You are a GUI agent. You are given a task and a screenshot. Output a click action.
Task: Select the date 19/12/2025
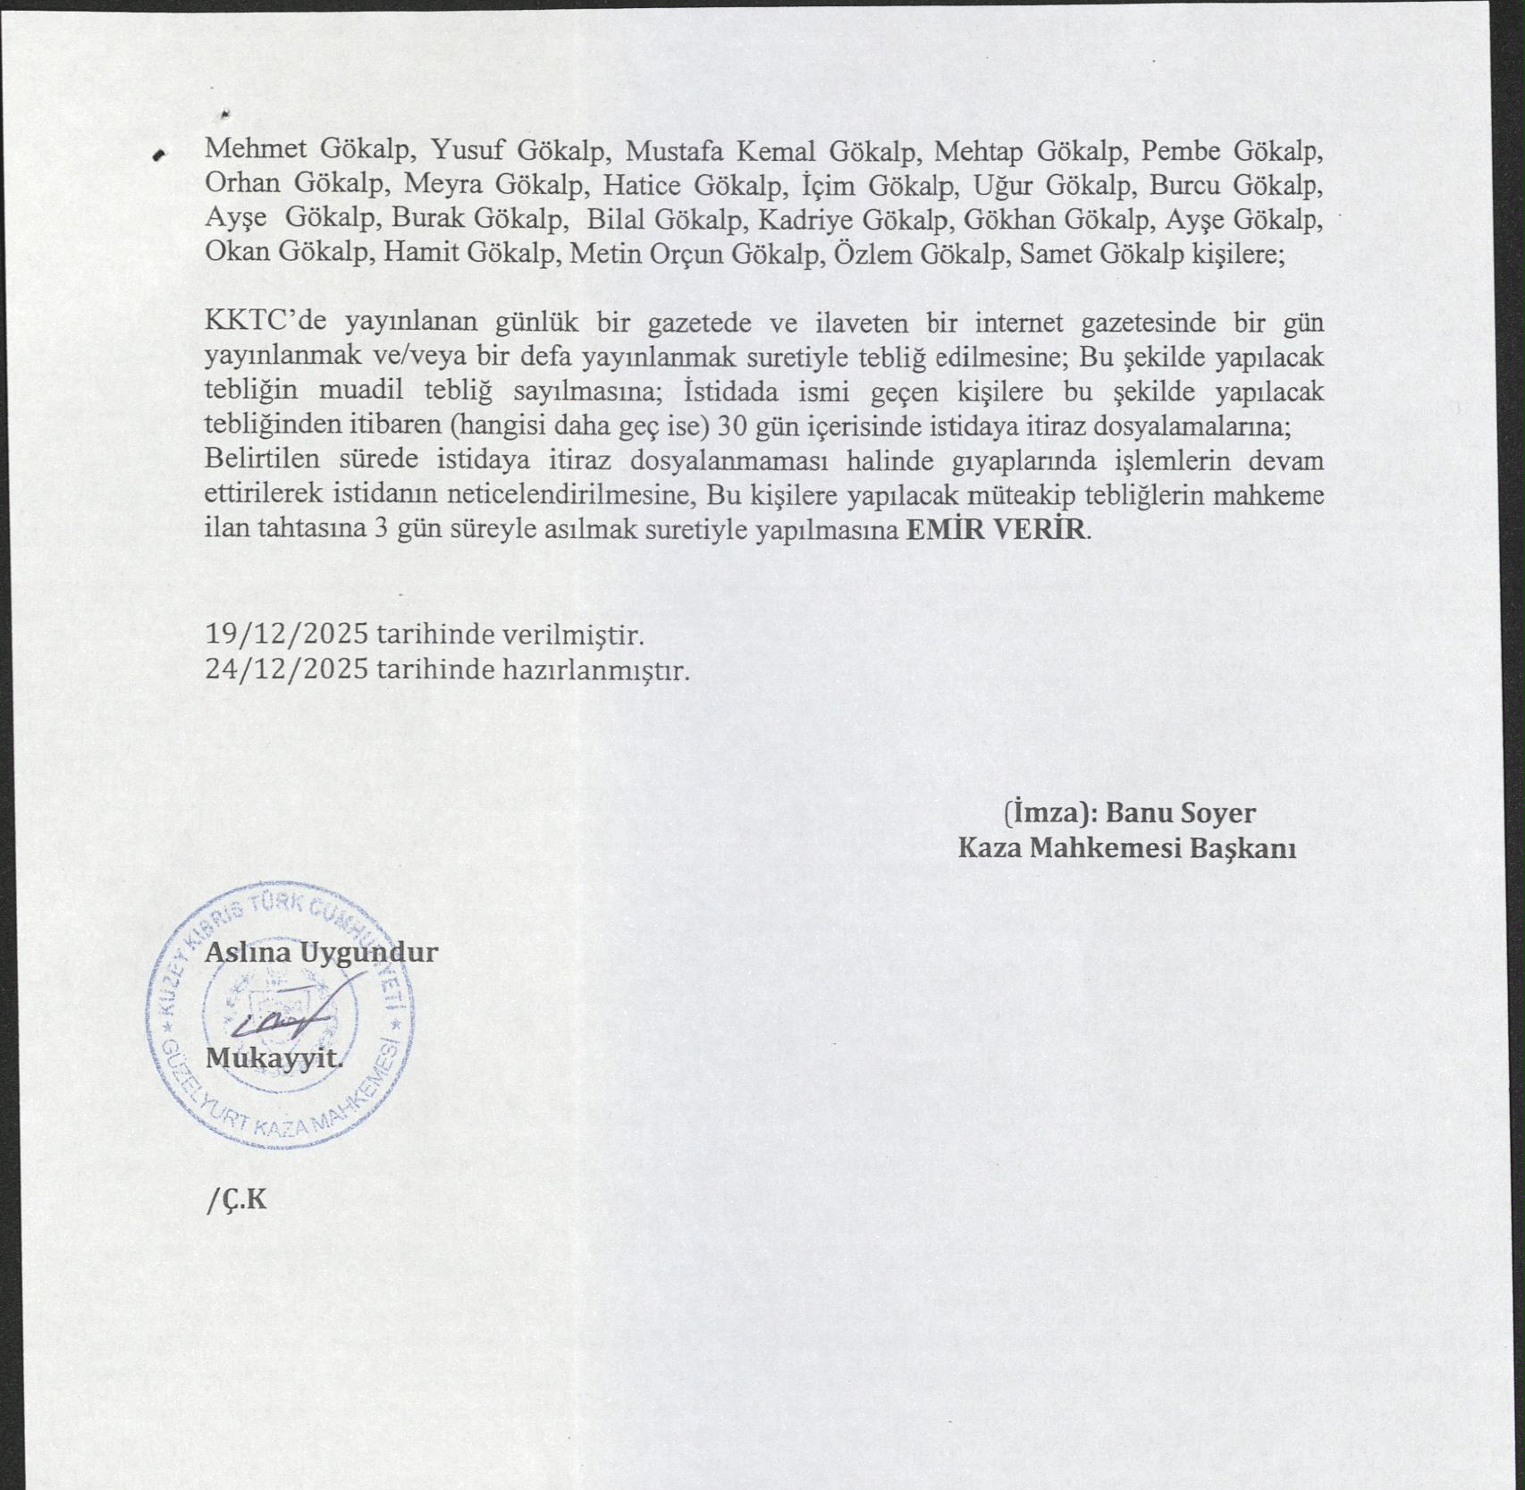coord(286,635)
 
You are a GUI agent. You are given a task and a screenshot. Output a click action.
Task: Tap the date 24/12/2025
coord(286,669)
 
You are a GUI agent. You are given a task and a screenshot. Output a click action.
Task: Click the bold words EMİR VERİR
coord(996,529)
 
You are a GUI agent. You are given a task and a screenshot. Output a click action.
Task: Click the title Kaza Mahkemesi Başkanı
coord(1126,847)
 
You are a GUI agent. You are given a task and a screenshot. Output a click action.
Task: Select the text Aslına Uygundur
coord(321,952)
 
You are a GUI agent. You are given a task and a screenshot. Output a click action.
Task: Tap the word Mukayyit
coord(274,1058)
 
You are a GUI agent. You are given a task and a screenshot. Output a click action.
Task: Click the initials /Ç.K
coord(236,1200)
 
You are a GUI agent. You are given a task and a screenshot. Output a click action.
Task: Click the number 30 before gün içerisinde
coord(733,426)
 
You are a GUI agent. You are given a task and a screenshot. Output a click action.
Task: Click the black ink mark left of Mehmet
coord(160,156)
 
